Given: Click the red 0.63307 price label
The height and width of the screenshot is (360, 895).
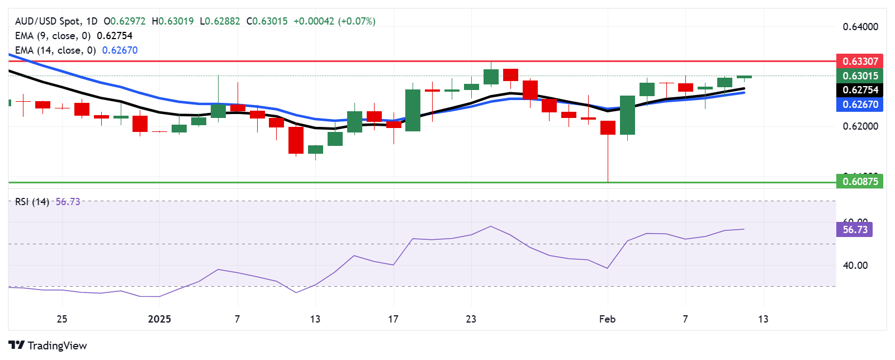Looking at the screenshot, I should click(x=860, y=61).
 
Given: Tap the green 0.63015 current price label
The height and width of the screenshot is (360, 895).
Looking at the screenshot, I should click(x=860, y=75).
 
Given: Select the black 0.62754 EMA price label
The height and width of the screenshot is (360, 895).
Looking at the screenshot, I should click(x=860, y=90).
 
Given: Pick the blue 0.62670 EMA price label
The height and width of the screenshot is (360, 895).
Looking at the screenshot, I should click(x=860, y=105).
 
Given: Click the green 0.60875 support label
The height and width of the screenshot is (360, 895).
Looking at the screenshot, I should click(x=860, y=181).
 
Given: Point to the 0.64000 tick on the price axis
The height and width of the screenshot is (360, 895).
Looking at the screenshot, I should click(x=860, y=27).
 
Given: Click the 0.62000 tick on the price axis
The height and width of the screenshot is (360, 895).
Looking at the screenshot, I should click(x=860, y=126).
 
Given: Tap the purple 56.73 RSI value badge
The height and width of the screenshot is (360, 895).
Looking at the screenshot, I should click(x=855, y=230).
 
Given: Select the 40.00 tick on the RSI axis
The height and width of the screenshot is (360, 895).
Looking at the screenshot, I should click(x=855, y=266).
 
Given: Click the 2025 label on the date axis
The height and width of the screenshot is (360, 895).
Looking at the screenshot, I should click(x=159, y=319).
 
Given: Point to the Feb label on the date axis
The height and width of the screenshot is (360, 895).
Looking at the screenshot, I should click(x=607, y=319).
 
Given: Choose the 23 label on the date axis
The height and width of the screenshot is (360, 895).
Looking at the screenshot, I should click(x=471, y=319).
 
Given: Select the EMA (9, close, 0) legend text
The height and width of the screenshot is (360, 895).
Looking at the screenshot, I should click(x=53, y=36).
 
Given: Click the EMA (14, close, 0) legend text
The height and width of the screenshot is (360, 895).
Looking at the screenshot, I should click(x=55, y=50).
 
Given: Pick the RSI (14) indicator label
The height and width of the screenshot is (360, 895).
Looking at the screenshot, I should click(x=32, y=202).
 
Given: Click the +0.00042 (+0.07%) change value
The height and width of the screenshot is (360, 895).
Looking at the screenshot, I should click(x=334, y=21).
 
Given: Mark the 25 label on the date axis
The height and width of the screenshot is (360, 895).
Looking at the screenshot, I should click(x=62, y=319).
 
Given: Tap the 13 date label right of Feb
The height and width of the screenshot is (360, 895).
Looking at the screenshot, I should click(x=763, y=319).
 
